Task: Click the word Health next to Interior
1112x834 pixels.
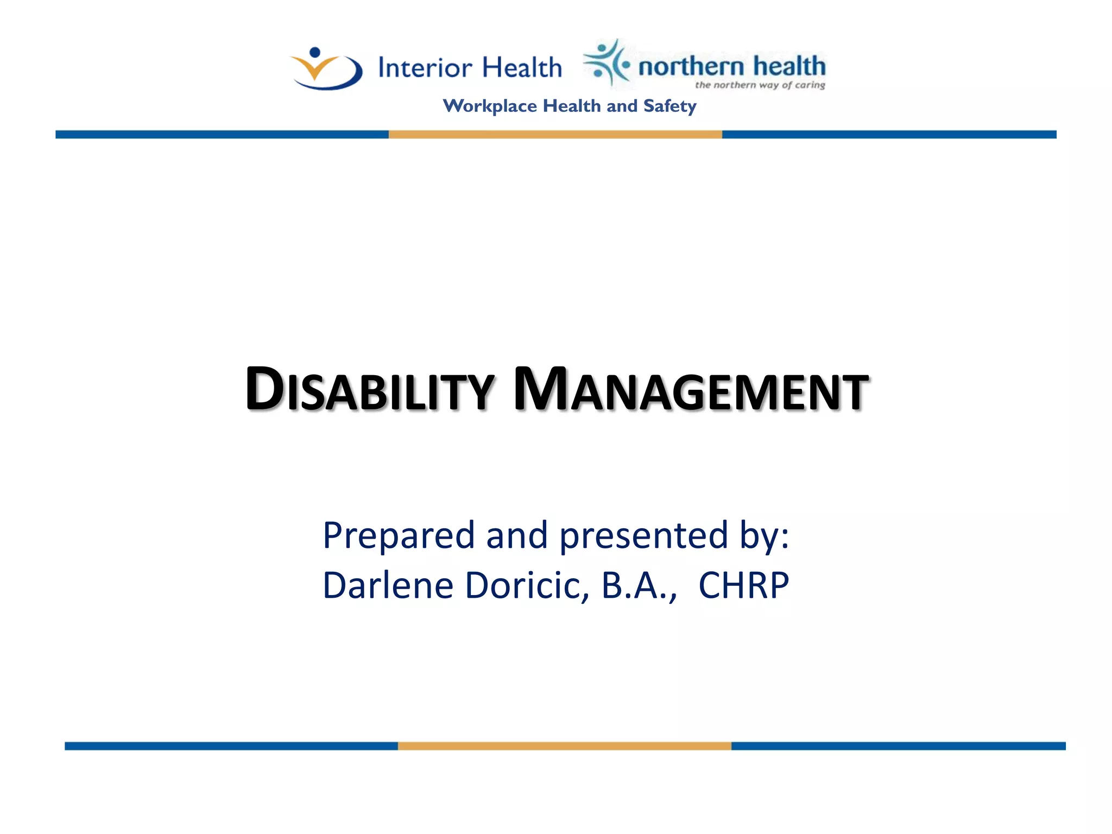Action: click(x=522, y=68)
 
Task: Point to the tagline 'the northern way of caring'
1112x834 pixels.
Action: click(x=760, y=85)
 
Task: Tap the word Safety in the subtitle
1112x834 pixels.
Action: click(x=669, y=106)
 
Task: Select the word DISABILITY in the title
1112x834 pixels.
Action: click(x=369, y=389)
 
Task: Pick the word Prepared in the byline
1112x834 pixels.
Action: click(x=399, y=536)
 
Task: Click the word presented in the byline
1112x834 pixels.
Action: click(x=643, y=536)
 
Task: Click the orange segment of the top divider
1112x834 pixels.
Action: click(x=555, y=135)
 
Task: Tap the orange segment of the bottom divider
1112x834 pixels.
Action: click(x=564, y=746)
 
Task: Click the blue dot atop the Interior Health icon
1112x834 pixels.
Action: click(x=315, y=53)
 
